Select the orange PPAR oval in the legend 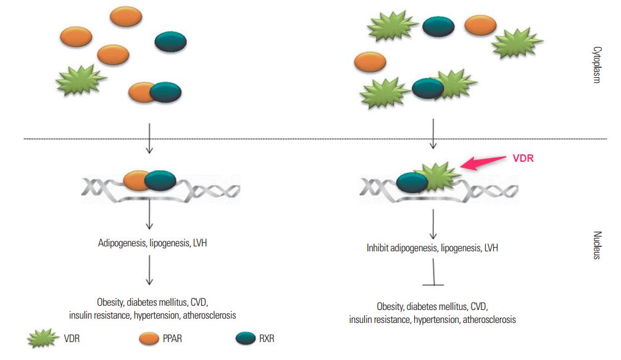tap(150, 338)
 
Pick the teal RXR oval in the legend tap(246, 338)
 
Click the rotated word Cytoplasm tap(597, 65)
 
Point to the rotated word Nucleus tap(597, 245)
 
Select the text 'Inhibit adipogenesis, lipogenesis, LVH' tap(432, 248)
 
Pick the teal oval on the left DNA tap(160, 180)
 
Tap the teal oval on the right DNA tap(412, 182)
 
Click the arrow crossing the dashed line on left tap(149, 136)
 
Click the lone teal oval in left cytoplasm tap(170, 42)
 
